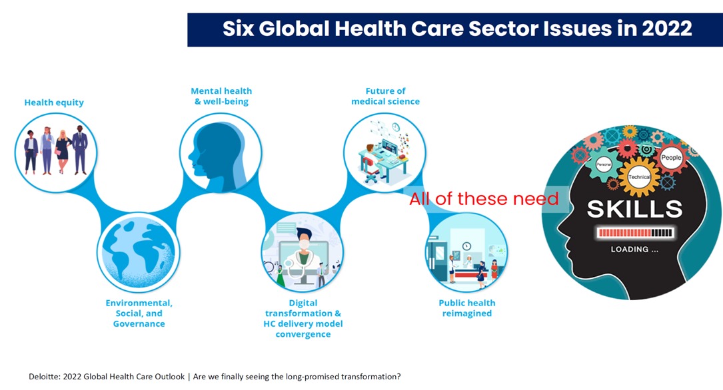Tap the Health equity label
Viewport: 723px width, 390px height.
tap(54, 102)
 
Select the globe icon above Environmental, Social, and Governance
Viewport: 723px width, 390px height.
tap(139, 252)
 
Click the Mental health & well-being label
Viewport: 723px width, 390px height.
tap(221, 97)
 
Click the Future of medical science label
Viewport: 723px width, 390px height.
tap(385, 97)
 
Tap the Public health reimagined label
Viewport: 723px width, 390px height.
tap(466, 308)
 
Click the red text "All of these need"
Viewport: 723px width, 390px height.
tap(484, 199)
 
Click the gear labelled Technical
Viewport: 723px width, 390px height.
tap(639, 177)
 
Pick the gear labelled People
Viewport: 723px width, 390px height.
tap(671, 158)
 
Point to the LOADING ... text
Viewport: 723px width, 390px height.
tap(634, 249)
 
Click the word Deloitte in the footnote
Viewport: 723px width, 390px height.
tap(44, 377)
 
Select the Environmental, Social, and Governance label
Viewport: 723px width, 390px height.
tap(139, 313)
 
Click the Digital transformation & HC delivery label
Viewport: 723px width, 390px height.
tap(303, 319)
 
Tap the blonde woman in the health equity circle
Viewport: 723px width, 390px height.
tap(63, 152)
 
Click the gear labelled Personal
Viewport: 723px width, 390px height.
tap(604, 164)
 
